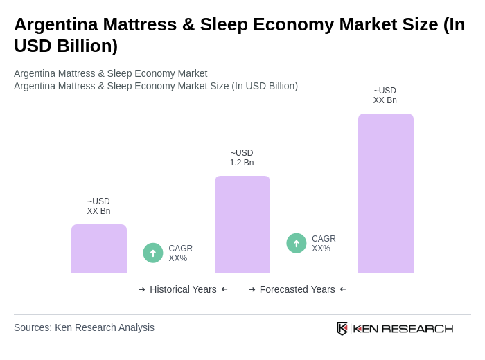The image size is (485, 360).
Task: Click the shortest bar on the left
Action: pyautogui.click(x=99, y=249)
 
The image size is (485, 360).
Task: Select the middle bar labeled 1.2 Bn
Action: pyautogui.click(x=242, y=224)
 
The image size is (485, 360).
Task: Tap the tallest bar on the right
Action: pyautogui.click(x=385, y=193)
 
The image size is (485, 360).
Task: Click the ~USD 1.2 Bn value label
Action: pyautogui.click(x=242, y=158)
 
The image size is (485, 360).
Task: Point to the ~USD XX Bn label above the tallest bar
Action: pyautogui.click(x=385, y=96)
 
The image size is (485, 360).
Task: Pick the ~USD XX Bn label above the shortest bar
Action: pyautogui.click(x=98, y=206)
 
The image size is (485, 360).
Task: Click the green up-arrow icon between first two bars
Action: pyautogui.click(x=153, y=253)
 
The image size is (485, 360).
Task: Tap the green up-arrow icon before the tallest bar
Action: pyautogui.click(x=297, y=243)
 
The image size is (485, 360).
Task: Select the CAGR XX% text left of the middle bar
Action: pyautogui.click(x=180, y=253)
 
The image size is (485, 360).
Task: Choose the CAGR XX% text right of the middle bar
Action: pyautogui.click(x=324, y=244)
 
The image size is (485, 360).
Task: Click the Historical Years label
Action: pyautogui.click(x=183, y=289)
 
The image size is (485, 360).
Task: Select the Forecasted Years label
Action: pyautogui.click(x=297, y=289)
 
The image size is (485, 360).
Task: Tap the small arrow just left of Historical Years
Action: pyautogui.click(x=142, y=289)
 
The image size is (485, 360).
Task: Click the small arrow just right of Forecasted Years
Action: pyautogui.click(x=343, y=289)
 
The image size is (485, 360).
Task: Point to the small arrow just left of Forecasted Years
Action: pyautogui.click(x=252, y=289)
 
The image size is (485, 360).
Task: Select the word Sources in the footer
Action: pyautogui.click(x=32, y=327)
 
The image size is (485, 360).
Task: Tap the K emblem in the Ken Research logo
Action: pyautogui.click(x=342, y=328)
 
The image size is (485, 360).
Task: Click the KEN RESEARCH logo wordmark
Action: pyautogui.click(x=403, y=328)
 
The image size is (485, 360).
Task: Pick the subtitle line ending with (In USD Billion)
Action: pyautogui.click(x=156, y=86)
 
